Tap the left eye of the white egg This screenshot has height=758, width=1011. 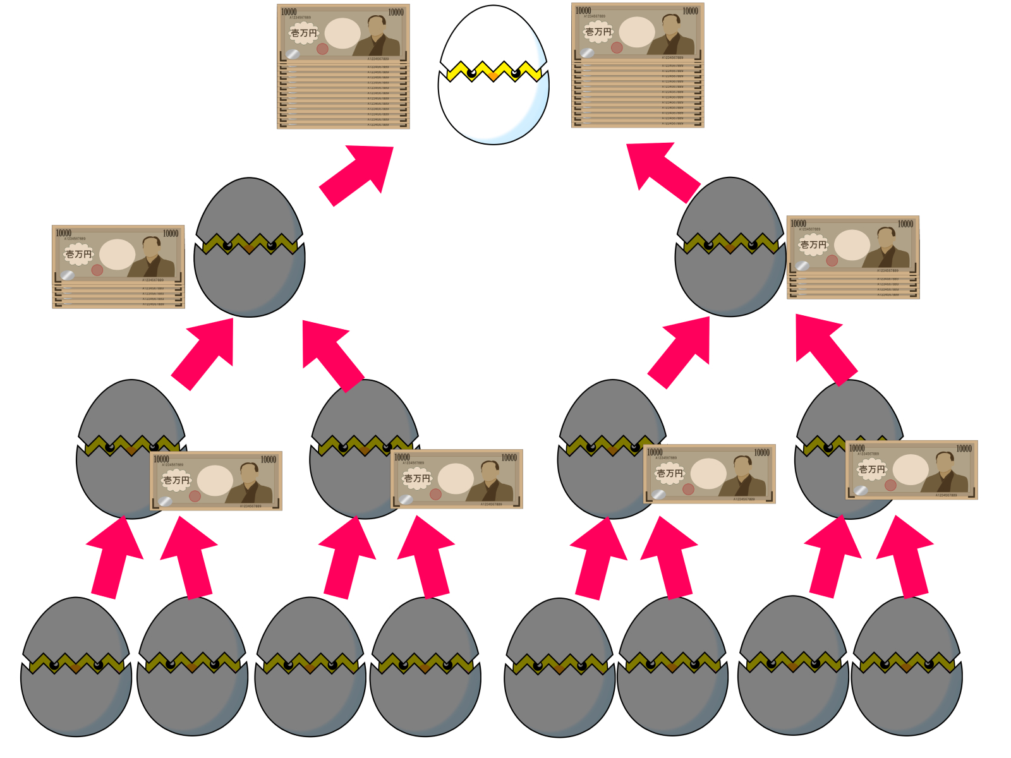tap(471, 73)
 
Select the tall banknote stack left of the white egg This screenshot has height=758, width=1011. tap(343, 66)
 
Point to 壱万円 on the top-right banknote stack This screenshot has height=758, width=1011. tap(598, 32)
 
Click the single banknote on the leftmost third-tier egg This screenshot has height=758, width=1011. tap(216, 481)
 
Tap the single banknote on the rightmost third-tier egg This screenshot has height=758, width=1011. tap(911, 470)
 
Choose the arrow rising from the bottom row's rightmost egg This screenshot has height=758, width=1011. tap(907, 556)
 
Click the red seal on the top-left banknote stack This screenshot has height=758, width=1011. tap(322, 49)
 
